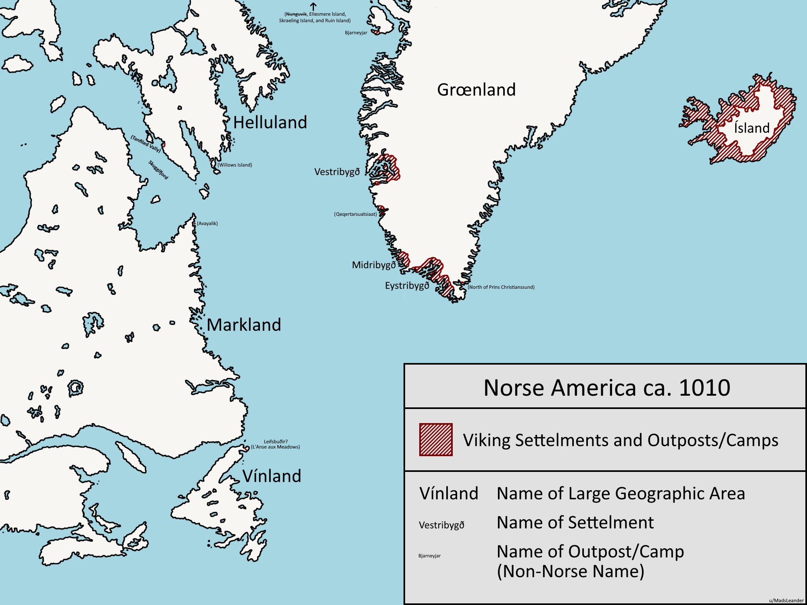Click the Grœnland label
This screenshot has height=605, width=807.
coord(476,90)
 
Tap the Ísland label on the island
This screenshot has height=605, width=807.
coord(752,128)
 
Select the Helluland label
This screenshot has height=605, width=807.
coord(270,122)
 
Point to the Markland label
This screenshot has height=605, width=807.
coord(244,325)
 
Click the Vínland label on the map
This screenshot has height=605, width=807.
coord(272,476)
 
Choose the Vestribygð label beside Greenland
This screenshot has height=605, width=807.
coord(337,172)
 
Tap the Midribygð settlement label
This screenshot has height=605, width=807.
coord(374,265)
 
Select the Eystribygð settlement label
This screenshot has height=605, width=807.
coord(407,286)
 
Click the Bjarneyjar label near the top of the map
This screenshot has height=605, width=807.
coord(356,33)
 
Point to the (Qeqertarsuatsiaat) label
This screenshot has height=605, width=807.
coord(355,214)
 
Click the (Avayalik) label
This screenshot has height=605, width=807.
coord(207,223)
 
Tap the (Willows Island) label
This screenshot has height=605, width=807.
coord(234,165)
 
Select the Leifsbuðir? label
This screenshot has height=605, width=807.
coord(276,441)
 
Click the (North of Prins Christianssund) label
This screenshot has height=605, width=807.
coord(501,287)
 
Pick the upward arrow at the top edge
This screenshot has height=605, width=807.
coord(313,6)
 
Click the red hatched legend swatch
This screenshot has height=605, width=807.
coord(436,440)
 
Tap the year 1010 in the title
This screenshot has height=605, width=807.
coord(704,388)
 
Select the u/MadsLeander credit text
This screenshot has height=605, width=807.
coord(786,601)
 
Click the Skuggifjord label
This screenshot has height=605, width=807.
coord(158,170)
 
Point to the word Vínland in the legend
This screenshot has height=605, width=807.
coord(449,494)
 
